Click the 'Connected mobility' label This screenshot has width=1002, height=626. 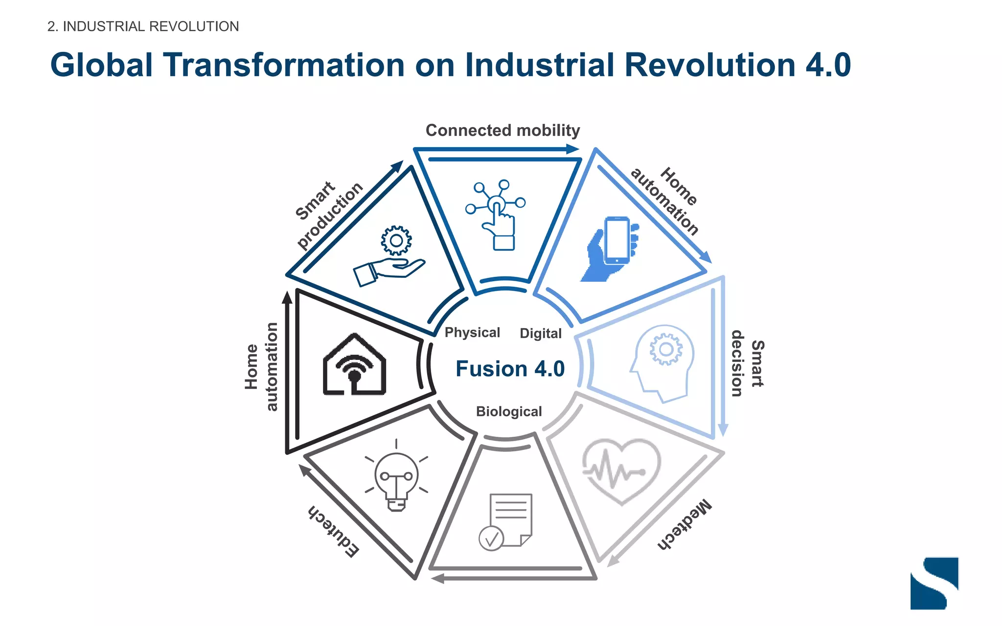point(502,131)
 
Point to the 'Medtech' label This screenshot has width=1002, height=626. point(684,526)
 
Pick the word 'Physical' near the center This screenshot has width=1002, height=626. point(472,333)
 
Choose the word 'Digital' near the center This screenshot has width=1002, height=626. point(541,334)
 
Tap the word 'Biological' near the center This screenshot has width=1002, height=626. point(509,412)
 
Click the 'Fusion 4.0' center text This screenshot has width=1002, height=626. point(510,369)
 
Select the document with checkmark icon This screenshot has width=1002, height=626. point(506,521)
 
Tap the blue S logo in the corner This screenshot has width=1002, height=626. point(934,583)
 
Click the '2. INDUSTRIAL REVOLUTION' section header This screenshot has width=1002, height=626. point(143,26)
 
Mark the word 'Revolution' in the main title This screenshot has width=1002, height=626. point(710,65)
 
